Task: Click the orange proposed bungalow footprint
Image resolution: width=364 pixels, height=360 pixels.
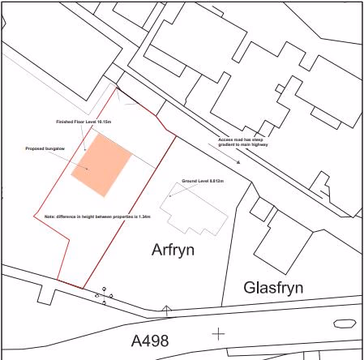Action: tap(101, 165)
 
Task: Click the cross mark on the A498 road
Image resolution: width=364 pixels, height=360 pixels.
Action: tap(217, 333)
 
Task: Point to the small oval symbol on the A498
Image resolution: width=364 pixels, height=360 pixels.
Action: tap(345, 323)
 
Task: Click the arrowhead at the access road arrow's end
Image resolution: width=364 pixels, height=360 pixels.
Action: tap(238, 162)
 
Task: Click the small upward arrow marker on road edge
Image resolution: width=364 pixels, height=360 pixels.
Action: tap(166, 309)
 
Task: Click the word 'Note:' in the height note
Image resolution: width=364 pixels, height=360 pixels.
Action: tap(49, 216)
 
